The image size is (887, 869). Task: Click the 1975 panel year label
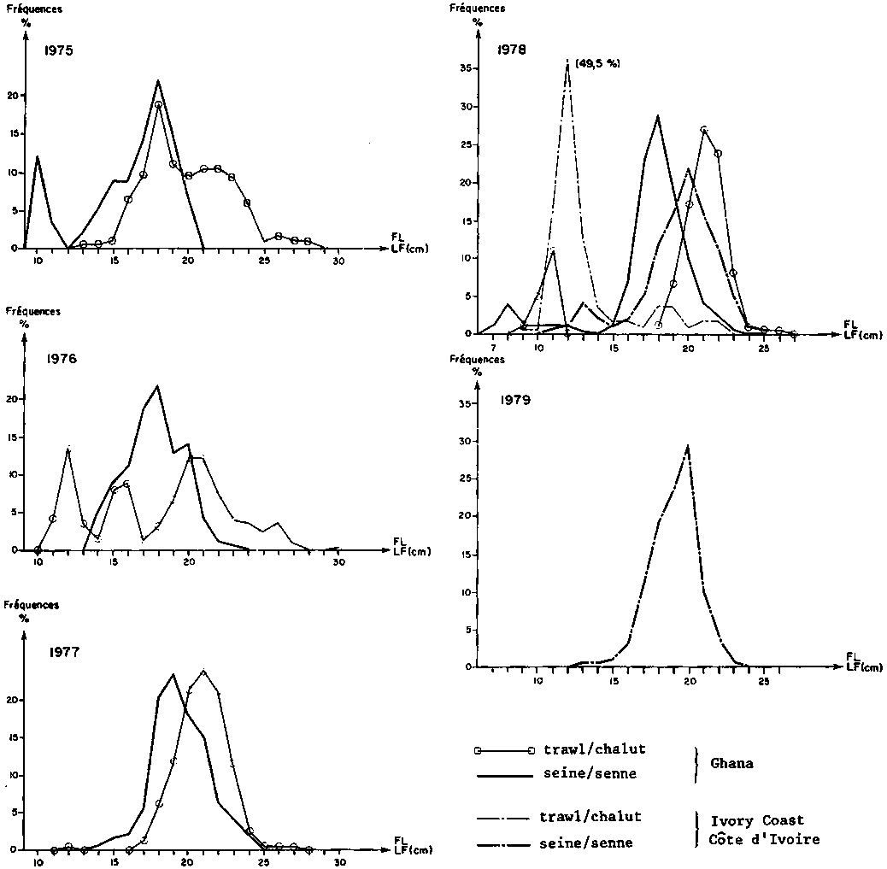[x=59, y=50]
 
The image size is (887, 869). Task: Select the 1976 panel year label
[x=62, y=359]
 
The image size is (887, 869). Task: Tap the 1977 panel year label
[x=64, y=654]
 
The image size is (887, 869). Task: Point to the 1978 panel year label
[x=512, y=49]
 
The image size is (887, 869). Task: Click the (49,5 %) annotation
[x=598, y=63]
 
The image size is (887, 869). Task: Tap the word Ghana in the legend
[x=732, y=763]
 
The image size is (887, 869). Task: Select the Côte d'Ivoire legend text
[x=765, y=839]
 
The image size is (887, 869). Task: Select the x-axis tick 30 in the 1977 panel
[x=339, y=863]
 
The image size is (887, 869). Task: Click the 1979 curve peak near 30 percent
[x=688, y=444]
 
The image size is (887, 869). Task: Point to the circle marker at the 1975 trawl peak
[x=158, y=104]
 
